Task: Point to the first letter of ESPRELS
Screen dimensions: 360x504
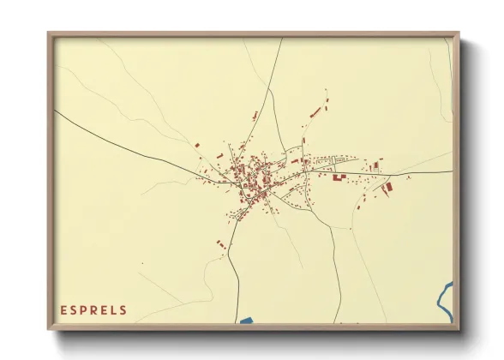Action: (63, 310)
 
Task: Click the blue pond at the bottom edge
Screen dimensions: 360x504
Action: (246, 321)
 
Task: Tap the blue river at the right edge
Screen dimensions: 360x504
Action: (444, 297)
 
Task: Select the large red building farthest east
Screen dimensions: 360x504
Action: (387, 186)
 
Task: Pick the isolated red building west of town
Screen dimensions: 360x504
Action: (196, 147)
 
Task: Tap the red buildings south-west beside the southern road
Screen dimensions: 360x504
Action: (220, 244)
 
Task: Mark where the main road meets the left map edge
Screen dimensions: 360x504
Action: (55, 110)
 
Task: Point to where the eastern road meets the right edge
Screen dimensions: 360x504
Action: (451, 172)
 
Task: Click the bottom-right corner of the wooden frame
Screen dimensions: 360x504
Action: (459, 328)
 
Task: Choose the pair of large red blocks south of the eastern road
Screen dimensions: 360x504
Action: (339, 177)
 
